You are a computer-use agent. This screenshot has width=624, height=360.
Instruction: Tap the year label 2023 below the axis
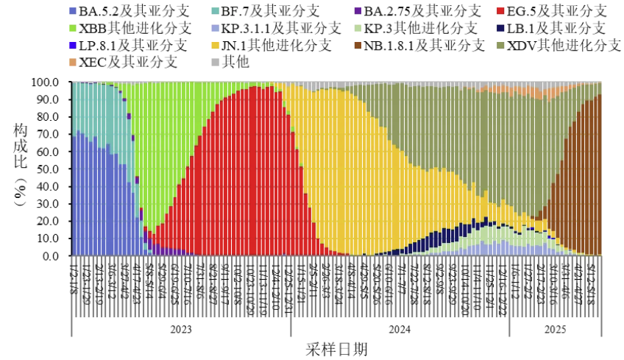pyautogui.click(x=180, y=330)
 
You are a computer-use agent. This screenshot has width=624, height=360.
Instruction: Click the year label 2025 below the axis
pyautogui.click(x=556, y=330)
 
